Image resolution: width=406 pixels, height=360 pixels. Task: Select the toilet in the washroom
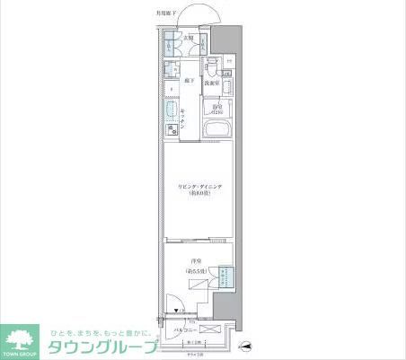click(x=210, y=66)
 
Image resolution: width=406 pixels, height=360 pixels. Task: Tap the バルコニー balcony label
click(x=188, y=330)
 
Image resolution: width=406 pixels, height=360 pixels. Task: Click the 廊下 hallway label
click(x=190, y=81)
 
